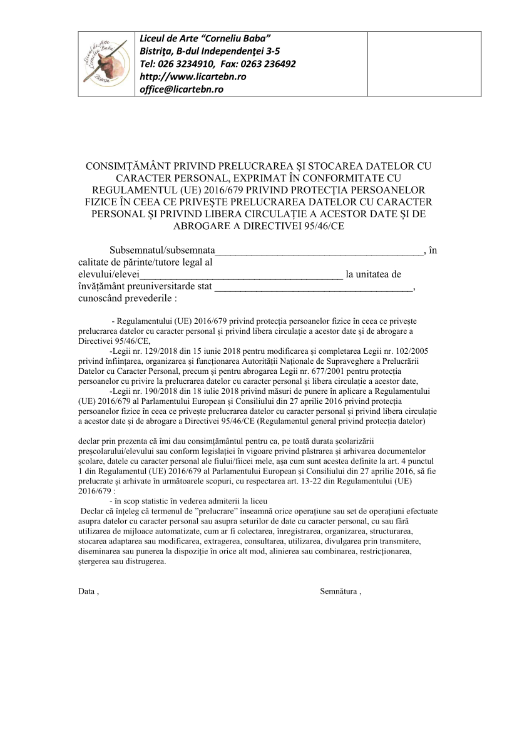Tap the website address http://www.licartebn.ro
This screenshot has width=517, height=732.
click(x=193, y=76)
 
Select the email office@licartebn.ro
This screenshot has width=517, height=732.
click(x=181, y=89)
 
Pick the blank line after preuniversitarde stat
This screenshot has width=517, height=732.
click(x=313, y=287)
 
